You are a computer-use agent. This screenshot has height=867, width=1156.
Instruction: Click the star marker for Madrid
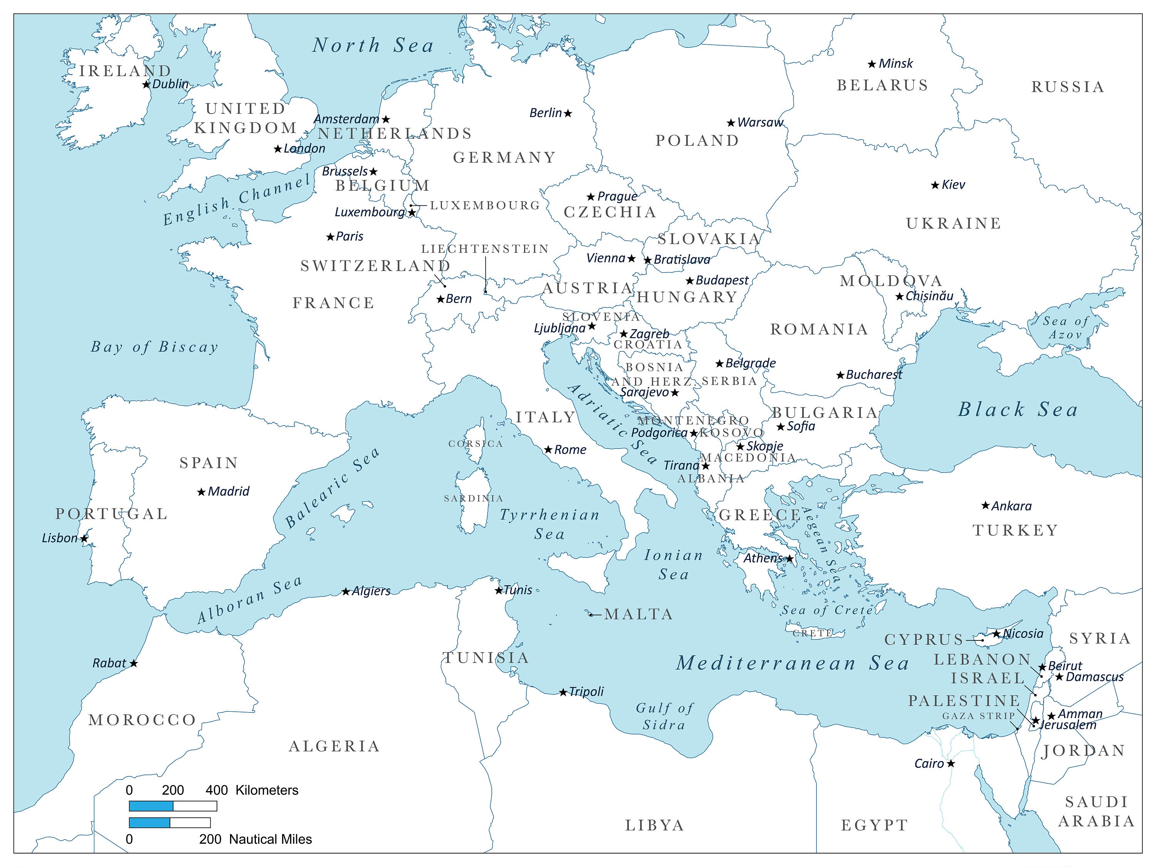point(201,492)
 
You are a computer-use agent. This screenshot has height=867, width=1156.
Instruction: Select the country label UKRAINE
point(954,223)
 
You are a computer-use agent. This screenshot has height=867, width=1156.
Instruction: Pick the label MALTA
point(638,614)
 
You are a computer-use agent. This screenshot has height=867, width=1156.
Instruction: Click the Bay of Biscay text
point(155,347)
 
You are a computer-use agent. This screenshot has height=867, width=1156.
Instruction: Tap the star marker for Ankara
point(985,505)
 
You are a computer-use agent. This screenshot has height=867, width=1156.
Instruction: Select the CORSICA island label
point(476,444)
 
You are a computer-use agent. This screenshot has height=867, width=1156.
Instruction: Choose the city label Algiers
point(371,591)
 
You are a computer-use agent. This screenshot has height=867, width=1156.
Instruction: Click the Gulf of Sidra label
point(665,716)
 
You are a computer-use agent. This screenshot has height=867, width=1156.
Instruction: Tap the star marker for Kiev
point(936,185)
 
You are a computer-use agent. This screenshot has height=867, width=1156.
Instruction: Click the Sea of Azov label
point(1066,328)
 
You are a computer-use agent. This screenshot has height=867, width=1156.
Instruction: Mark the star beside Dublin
point(146,84)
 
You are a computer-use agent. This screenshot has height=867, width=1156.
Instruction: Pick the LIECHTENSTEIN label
point(485,249)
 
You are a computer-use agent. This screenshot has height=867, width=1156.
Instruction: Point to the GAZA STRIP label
point(978,716)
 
